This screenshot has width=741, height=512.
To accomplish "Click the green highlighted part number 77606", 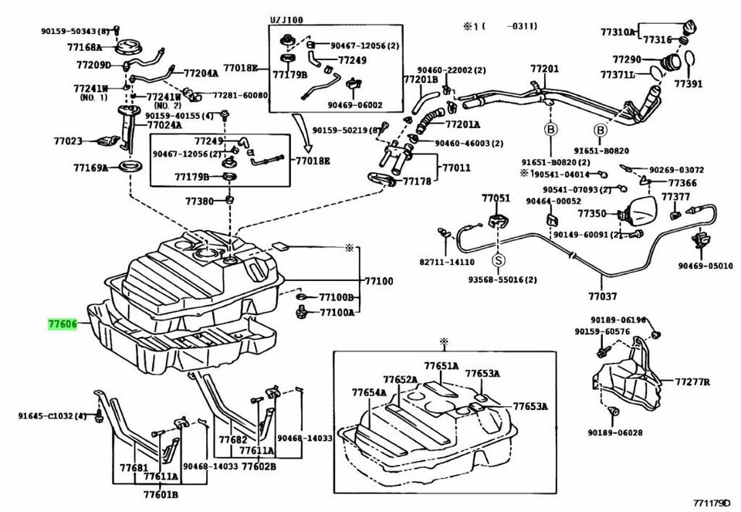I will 62,326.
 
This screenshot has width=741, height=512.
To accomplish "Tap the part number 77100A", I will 337,312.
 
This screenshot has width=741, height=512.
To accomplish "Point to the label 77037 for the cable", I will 602,295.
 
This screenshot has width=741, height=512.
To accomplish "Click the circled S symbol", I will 499,260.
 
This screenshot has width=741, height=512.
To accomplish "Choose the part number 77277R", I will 692,381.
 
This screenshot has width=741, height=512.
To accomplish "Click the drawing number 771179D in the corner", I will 711,503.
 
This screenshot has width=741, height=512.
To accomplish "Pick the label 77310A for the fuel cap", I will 617,32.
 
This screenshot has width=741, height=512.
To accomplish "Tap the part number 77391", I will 689,83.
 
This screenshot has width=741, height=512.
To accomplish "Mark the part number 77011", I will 455,167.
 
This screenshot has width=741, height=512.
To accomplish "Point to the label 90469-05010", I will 705,266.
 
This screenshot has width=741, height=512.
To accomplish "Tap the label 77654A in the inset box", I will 369,393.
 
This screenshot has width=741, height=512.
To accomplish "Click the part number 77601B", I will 161,494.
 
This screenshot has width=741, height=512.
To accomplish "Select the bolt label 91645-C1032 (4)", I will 52,416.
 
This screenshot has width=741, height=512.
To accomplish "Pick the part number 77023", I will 67,141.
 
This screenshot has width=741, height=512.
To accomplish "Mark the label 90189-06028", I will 614,432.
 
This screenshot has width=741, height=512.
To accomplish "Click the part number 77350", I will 591,213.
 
